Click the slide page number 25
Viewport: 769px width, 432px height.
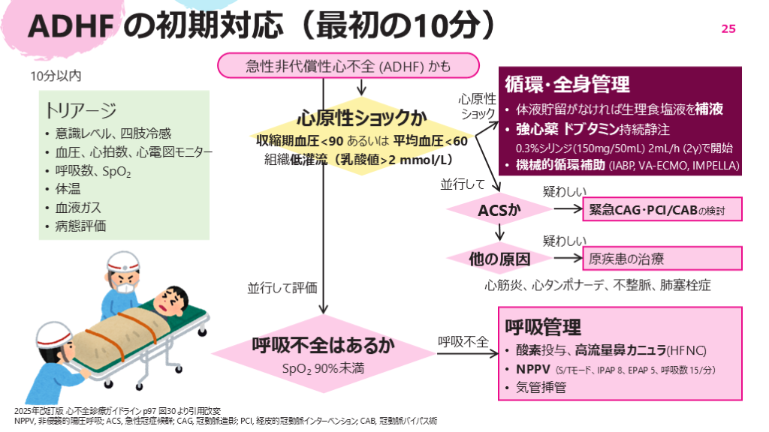728,28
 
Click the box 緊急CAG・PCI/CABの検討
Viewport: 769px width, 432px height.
662,210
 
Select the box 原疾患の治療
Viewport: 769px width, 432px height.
662,259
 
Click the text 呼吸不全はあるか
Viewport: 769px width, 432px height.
323,346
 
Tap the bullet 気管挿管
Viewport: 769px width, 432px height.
540,388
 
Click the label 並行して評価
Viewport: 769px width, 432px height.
282,287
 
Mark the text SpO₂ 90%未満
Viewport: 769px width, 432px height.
322,368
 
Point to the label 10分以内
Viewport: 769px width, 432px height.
56,75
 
